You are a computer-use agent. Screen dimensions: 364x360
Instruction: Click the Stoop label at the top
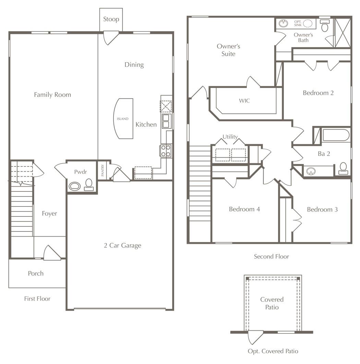pyautogui.click(x=111, y=19)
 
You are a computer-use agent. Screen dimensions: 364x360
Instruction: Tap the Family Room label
pyautogui.click(x=52, y=95)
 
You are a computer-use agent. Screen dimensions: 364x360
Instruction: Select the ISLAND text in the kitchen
pyautogui.click(x=122, y=119)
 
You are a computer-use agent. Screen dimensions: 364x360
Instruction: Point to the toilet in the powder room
pyautogui.click(x=89, y=184)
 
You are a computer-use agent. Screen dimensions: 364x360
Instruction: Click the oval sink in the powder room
pyautogui.click(x=74, y=186)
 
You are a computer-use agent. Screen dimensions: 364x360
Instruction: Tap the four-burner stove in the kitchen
pyautogui.click(x=166, y=151)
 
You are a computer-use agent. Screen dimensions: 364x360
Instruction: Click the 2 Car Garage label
pyautogui.click(x=122, y=246)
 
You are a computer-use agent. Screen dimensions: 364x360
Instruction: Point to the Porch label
pyautogui.click(x=36, y=273)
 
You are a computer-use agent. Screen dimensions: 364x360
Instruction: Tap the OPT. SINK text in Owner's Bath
pyautogui.click(x=298, y=24)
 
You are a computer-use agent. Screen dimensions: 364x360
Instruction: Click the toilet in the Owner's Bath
pyautogui.click(x=324, y=26)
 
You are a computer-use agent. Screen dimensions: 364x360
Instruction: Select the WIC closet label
pyautogui.click(x=244, y=101)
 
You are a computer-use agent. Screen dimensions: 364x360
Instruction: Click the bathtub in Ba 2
pyautogui.click(x=336, y=135)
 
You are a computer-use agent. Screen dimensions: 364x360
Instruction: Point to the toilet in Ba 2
pyautogui.click(x=343, y=168)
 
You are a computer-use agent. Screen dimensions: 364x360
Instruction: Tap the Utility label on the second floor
pyautogui.click(x=230, y=137)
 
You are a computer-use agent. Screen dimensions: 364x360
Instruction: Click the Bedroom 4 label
pyautogui.click(x=244, y=209)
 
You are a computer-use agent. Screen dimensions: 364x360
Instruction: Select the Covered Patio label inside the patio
pyautogui.click(x=272, y=303)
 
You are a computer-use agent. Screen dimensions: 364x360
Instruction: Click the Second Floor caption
pyautogui.click(x=271, y=256)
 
